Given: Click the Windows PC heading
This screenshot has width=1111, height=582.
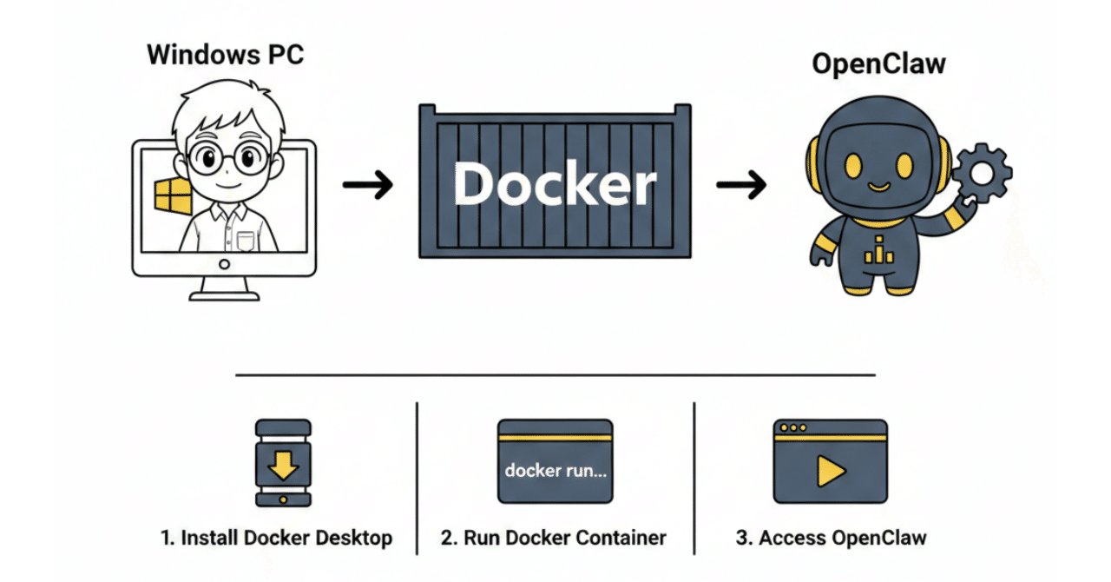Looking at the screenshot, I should pyautogui.click(x=226, y=55).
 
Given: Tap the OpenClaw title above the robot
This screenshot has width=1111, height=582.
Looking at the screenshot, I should pyautogui.click(x=878, y=64).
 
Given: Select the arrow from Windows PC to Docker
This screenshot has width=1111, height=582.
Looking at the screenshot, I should pyautogui.click(x=367, y=184).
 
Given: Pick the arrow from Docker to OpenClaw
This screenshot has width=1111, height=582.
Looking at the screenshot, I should pyautogui.click(x=740, y=184).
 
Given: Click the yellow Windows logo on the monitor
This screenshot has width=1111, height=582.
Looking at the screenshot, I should pyautogui.click(x=172, y=196).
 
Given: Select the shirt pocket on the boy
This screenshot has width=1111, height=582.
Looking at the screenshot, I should pyautogui.click(x=246, y=241).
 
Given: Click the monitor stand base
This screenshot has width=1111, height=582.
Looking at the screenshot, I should pyautogui.click(x=225, y=294).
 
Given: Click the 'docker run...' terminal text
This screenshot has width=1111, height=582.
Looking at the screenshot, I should pyautogui.click(x=555, y=471).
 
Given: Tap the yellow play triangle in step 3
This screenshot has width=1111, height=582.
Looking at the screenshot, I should pyautogui.click(x=830, y=471).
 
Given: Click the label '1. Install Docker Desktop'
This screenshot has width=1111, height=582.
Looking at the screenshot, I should pyautogui.click(x=277, y=538).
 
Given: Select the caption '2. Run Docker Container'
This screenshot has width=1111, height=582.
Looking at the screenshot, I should pyautogui.click(x=553, y=538).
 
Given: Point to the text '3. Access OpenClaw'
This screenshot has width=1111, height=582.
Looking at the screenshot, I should pyautogui.click(x=831, y=538).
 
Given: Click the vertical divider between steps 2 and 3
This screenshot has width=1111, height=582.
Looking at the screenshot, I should pyautogui.click(x=694, y=478).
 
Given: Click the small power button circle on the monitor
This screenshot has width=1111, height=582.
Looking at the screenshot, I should pyautogui.click(x=225, y=263).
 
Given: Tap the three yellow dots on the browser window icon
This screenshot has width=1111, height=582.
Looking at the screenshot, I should pyautogui.click(x=793, y=427).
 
